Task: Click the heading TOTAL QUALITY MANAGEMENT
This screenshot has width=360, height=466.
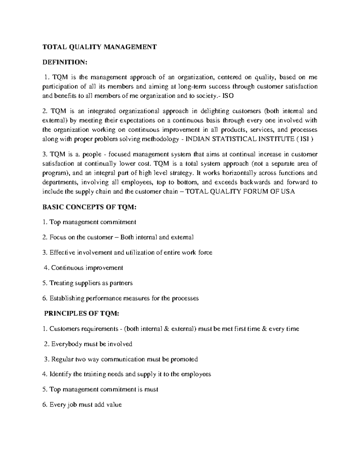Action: click(x=100, y=47)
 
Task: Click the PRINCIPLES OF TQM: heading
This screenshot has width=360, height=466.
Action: click(x=82, y=314)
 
